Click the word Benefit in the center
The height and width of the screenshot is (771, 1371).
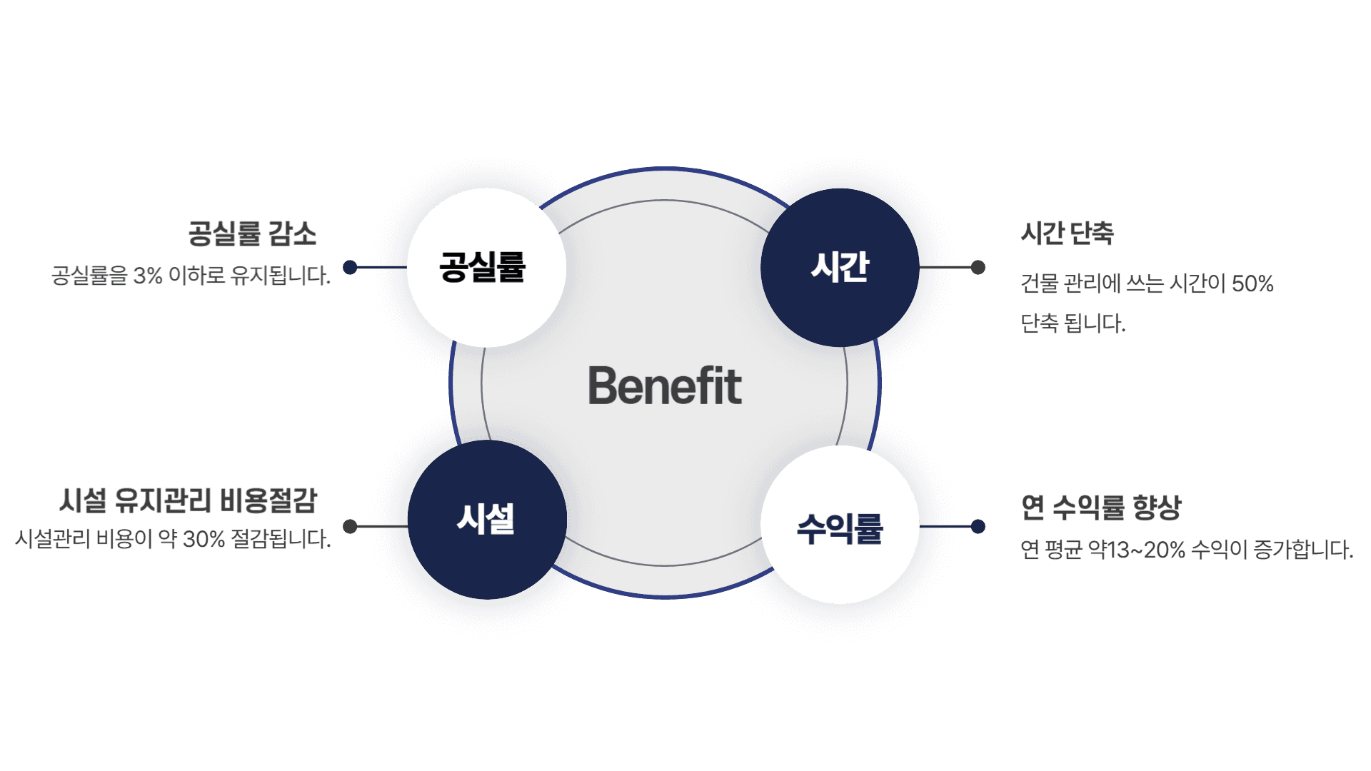pyautogui.click(x=665, y=385)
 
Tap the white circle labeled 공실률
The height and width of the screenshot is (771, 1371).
pyautogui.click(x=486, y=268)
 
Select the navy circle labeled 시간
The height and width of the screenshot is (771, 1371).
pyautogui.click(x=840, y=268)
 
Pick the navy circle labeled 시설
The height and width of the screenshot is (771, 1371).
pyautogui.click(x=487, y=520)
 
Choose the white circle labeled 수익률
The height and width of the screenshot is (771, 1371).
pyautogui.click(x=840, y=527)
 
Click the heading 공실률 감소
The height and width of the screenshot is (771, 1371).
pyautogui.click(x=252, y=233)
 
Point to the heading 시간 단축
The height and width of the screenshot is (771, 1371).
pyautogui.click(x=1067, y=233)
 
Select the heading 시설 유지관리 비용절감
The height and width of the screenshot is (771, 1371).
pyautogui.click(x=189, y=500)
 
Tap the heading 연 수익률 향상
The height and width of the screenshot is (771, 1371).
pyautogui.click(x=1101, y=507)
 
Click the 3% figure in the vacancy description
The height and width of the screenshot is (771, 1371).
pyautogui.click(x=148, y=276)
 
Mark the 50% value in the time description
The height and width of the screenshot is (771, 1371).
pyautogui.click(x=1252, y=283)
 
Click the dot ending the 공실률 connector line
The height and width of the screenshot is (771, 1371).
pyautogui.click(x=350, y=267)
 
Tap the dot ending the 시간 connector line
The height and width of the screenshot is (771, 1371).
pyautogui.click(x=978, y=268)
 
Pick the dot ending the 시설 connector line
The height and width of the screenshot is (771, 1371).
pyautogui.click(x=350, y=526)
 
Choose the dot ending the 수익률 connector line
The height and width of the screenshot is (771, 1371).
pyautogui.click(x=978, y=526)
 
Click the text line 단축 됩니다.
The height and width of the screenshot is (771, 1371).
pyautogui.click(x=1073, y=323)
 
